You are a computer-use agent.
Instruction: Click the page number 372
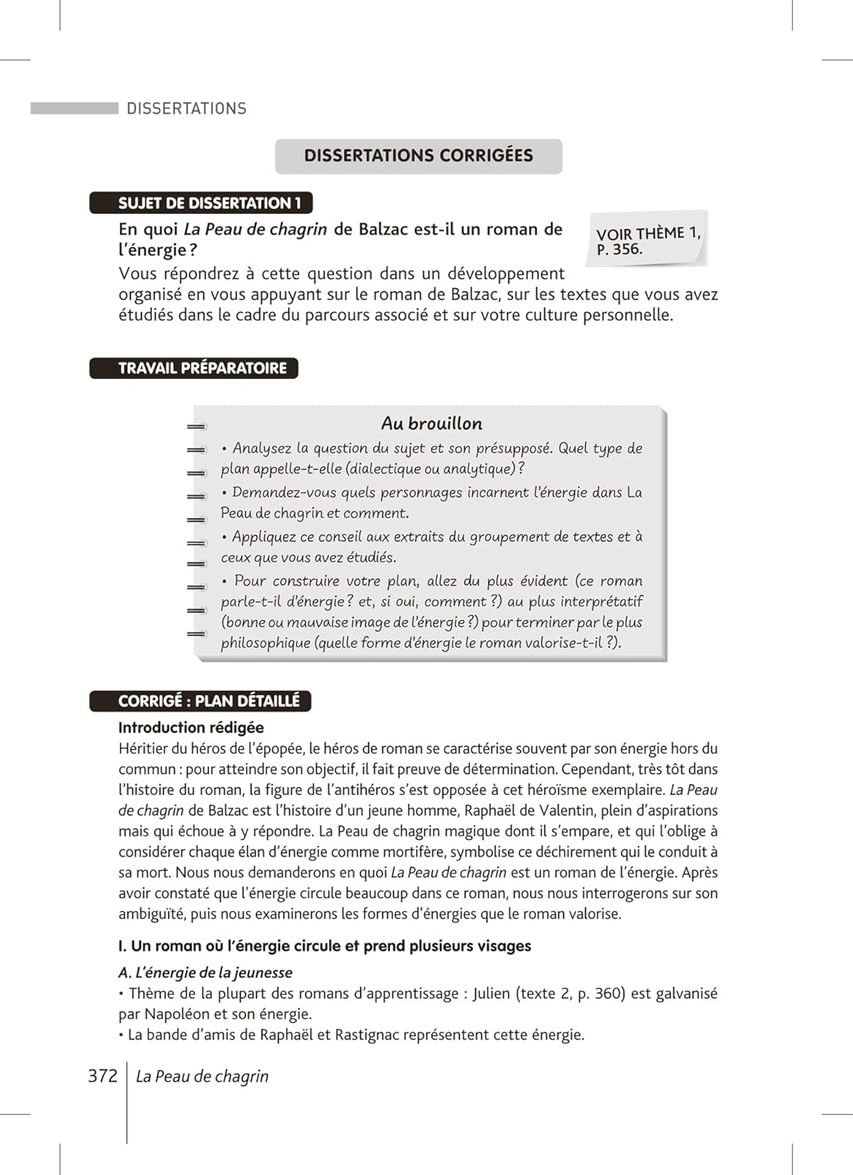[x=103, y=1076]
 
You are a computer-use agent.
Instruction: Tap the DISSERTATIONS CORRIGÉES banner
[x=418, y=156]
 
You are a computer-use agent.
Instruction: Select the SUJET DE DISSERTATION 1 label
[x=201, y=203]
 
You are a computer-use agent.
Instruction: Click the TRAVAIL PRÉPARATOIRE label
[x=194, y=368]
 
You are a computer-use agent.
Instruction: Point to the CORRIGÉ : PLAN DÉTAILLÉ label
[x=201, y=701]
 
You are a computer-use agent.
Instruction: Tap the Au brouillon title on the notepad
[x=432, y=424]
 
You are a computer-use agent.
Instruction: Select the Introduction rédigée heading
[x=191, y=728]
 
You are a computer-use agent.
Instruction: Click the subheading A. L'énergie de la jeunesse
[x=205, y=972]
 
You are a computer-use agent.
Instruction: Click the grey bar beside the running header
[x=74, y=108]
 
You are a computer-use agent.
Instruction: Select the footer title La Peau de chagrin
[x=202, y=1076]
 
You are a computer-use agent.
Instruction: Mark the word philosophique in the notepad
[x=266, y=643]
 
